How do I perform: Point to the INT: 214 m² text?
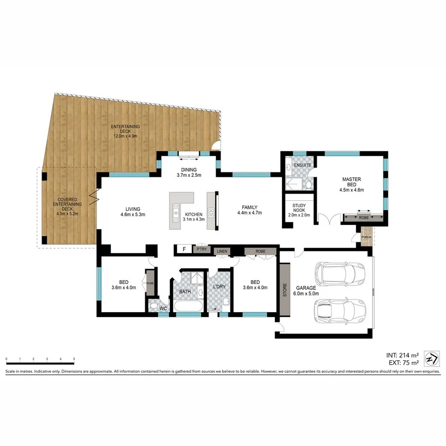click(402, 355)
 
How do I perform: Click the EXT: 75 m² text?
click(402, 363)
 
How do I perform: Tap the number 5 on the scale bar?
click(74, 358)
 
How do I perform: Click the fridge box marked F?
click(184, 249)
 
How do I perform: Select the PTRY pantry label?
click(201, 249)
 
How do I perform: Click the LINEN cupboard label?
click(222, 252)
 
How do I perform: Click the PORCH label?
click(366, 236)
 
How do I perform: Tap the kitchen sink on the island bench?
click(176, 213)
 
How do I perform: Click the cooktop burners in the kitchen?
click(211, 214)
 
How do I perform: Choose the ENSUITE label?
click(302, 165)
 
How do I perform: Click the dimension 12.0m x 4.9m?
click(124, 136)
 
